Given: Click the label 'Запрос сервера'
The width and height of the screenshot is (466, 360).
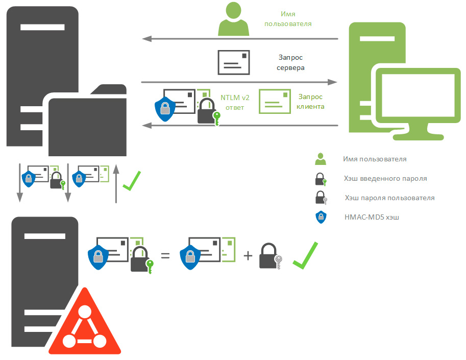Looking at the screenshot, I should (x=290, y=63).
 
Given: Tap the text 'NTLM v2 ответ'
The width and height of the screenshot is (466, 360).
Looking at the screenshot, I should (x=235, y=103).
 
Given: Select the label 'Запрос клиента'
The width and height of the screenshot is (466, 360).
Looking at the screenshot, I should (x=310, y=101).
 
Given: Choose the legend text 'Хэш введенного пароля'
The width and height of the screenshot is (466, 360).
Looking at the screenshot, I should (x=385, y=179).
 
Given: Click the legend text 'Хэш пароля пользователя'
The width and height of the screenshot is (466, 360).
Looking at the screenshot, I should (x=389, y=198).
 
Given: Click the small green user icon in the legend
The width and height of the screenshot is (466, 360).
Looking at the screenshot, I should (x=321, y=159).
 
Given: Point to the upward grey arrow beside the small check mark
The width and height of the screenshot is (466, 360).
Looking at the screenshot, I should (x=116, y=184).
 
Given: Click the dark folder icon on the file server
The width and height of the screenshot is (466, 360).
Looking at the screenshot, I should (x=87, y=123).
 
